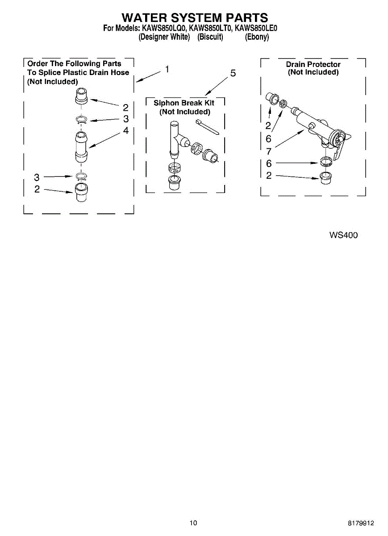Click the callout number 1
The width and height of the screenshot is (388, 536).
tap(167, 69)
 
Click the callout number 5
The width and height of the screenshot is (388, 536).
tap(233, 73)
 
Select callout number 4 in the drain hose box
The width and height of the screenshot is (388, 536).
tap(126, 130)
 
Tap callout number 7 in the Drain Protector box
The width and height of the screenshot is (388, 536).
tap(269, 151)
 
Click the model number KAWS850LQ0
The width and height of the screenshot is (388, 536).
tap(164, 28)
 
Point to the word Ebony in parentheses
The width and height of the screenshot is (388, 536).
tap(257, 37)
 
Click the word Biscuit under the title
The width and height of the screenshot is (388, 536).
tap(210, 37)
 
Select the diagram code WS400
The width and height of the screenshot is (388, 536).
tap(343, 235)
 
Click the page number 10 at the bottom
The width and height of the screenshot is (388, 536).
tap(193, 523)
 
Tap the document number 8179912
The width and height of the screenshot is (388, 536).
tap(361, 523)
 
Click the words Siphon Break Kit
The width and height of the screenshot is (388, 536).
tap(184, 103)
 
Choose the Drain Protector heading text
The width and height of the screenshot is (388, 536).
tap(313, 64)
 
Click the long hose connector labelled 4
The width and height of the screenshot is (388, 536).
tap(81, 146)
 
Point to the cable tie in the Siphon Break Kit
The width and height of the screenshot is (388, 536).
tap(207, 127)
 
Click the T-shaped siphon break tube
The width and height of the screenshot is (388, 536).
tap(178, 139)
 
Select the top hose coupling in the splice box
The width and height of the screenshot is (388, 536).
tap(81, 96)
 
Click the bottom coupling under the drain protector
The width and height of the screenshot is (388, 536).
tap(325, 178)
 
